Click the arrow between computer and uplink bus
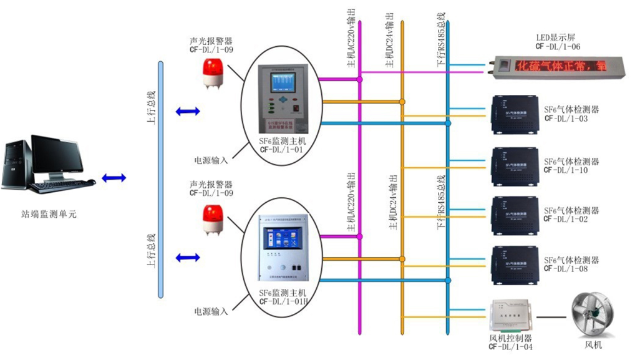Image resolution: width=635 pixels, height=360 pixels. [x=114, y=178]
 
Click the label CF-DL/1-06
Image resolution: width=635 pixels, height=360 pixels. [x=558, y=47]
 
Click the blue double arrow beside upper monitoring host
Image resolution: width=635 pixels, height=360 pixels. [x=187, y=112]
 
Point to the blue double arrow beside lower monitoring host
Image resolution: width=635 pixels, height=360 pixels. [x=187, y=257]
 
